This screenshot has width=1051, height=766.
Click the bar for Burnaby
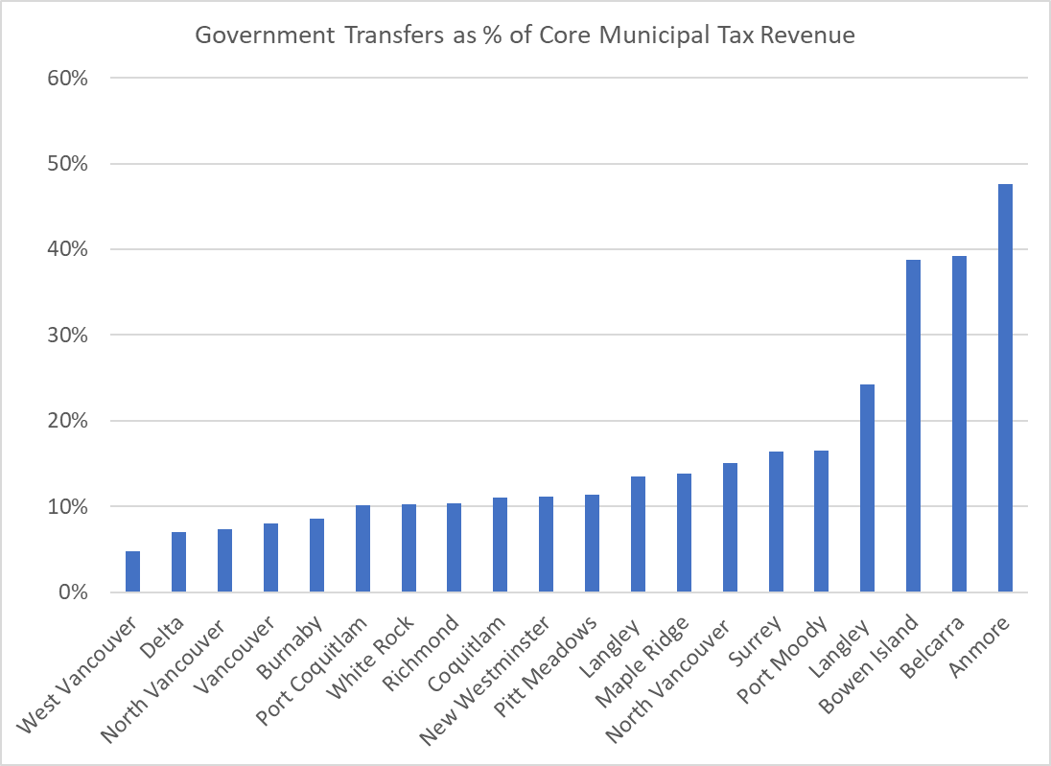click(316, 555)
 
